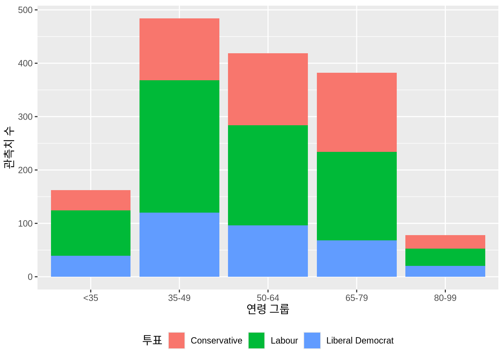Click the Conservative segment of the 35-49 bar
pos(179,49)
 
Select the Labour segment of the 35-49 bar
pos(179,146)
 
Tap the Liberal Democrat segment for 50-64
pos(268,251)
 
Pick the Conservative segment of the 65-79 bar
pos(357,112)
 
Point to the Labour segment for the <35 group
pos(91,233)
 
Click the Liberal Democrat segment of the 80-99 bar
pos(445,271)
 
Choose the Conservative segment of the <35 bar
pos(91,200)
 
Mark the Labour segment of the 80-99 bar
pos(445,257)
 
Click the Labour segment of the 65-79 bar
pos(357,196)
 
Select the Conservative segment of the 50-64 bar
pos(268,89)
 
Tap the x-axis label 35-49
pos(179,298)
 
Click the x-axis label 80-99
pos(445,298)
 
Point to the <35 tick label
pos(91,298)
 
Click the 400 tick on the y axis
pos(25,63)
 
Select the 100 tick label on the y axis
pos(25,223)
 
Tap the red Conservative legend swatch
pos(177,340)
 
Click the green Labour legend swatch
pos(256,340)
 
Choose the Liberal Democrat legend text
pos(360,340)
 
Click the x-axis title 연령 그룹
pos(268,309)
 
